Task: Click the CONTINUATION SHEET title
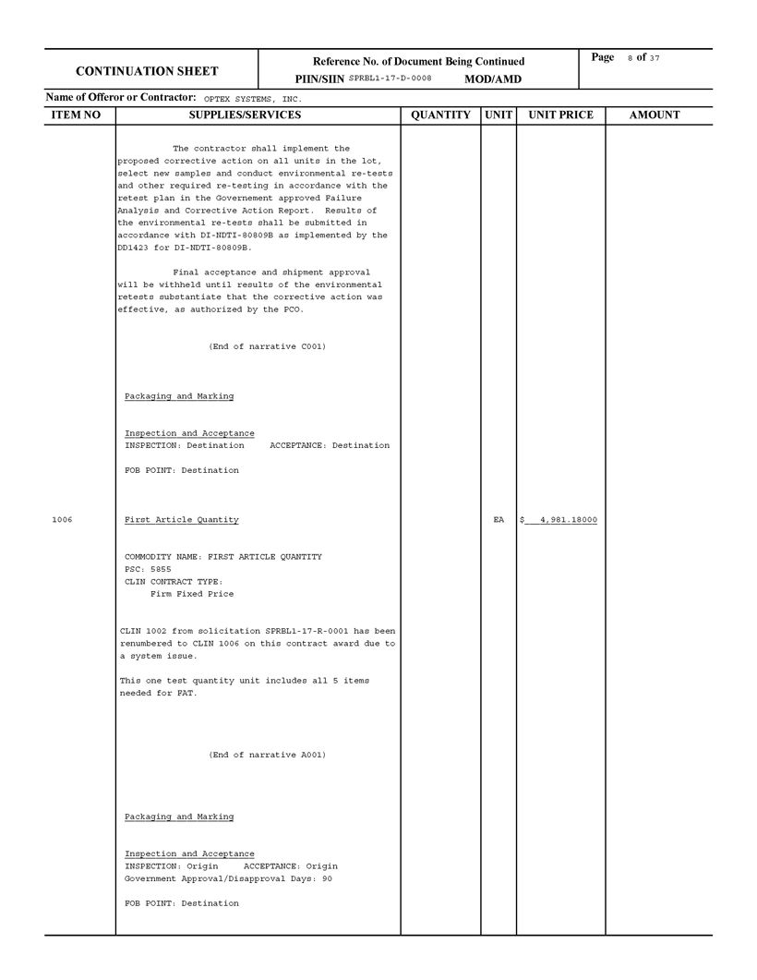click(147, 71)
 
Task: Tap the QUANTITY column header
click(440, 115)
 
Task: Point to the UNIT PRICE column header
click(560, 115)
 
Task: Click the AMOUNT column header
click(654, 115)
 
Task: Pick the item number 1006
click(62, 520)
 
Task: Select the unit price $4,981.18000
click(559, 520)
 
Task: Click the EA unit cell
click(499, 520)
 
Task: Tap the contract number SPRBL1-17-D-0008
click(390, 79)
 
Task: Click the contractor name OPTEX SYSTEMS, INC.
click(252, 98)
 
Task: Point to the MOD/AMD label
click(492, 79)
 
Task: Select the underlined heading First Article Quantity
click(181, 520)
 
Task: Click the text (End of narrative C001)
click(267, 346)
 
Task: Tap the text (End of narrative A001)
click(267, 755)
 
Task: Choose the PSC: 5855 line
click(148, 570)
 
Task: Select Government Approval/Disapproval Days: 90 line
click(228, 878)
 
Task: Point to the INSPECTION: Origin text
click(172, 866)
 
